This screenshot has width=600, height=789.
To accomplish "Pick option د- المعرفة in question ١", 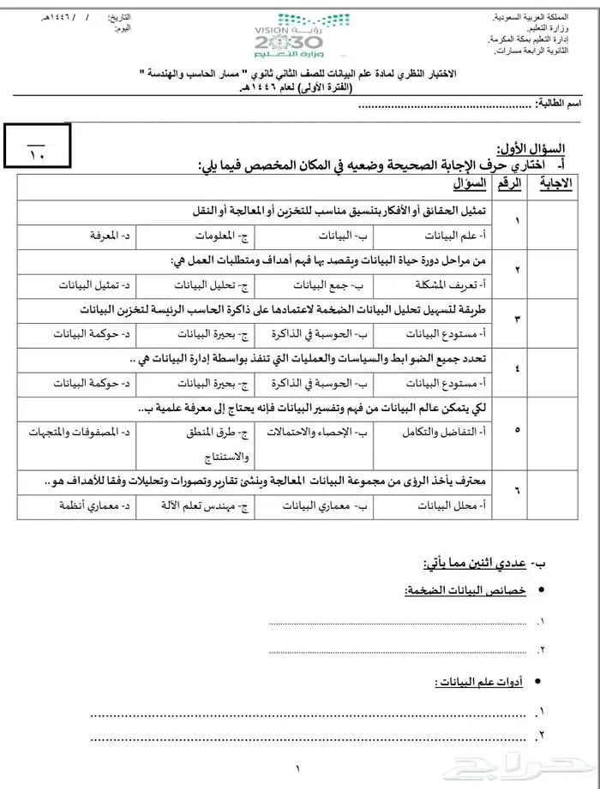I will (x=111, y=234).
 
